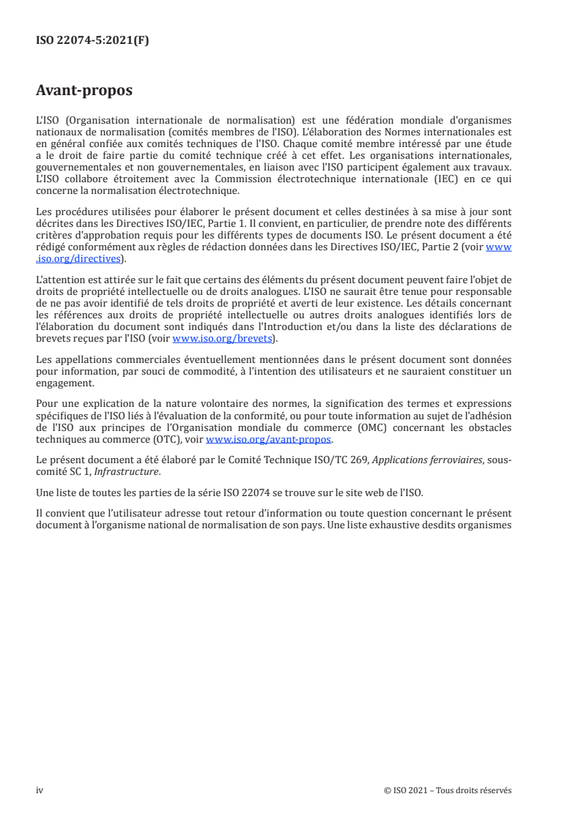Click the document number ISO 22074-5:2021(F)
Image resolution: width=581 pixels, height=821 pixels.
point(92,42)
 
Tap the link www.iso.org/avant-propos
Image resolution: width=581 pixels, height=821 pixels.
point(269,439)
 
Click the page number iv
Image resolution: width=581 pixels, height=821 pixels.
point(40,790)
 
